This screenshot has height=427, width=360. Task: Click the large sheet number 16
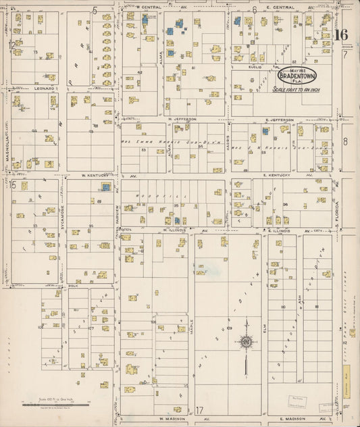341,35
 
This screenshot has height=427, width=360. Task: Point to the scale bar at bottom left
56,402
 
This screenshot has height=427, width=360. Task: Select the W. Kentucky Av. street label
95,175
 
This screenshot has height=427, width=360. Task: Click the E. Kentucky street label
277,175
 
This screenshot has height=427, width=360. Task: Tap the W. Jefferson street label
182,119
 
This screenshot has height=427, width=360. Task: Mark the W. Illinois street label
174,230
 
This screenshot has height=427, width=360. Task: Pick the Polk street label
74,286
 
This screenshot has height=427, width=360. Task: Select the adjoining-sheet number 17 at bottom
199,409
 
